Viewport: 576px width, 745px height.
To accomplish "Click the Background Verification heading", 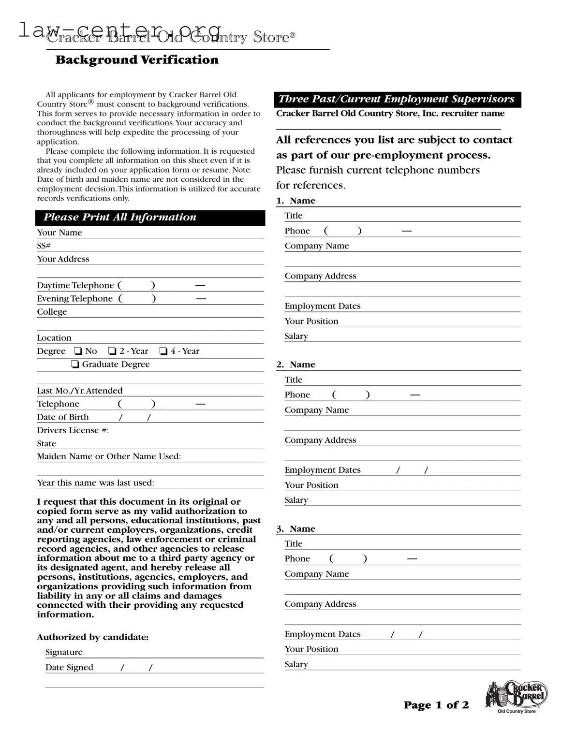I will pos(137,60).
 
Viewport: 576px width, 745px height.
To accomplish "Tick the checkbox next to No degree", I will pos(78,351).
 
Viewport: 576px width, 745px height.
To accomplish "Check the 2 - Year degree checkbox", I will pos(112,351).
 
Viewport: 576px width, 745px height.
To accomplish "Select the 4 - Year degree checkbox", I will pos(163,351).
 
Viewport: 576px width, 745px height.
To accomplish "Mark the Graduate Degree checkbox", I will pos(75,365).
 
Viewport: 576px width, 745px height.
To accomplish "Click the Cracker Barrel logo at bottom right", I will pos(517,697).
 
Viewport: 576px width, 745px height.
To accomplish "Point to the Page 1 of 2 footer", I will pos(436,705).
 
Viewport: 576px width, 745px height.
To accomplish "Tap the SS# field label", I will pos(44,246).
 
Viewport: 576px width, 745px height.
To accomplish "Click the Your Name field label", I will pos(59,233).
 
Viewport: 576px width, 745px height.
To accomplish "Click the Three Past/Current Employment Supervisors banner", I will pos(397,99).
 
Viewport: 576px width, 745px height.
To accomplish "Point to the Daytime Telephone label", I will pos(75,285).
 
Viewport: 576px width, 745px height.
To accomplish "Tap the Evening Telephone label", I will pos(75,299).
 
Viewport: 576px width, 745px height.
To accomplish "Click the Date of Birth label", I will pos(63,417).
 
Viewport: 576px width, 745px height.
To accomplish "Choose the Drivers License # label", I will pos(73,430).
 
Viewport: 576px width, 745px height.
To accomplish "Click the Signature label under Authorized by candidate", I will pos(64,652).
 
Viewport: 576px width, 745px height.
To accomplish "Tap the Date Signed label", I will pos(69,667).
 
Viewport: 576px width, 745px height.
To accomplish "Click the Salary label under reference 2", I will pos(296,500).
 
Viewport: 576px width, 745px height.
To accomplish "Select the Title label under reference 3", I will pos(293,543).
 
